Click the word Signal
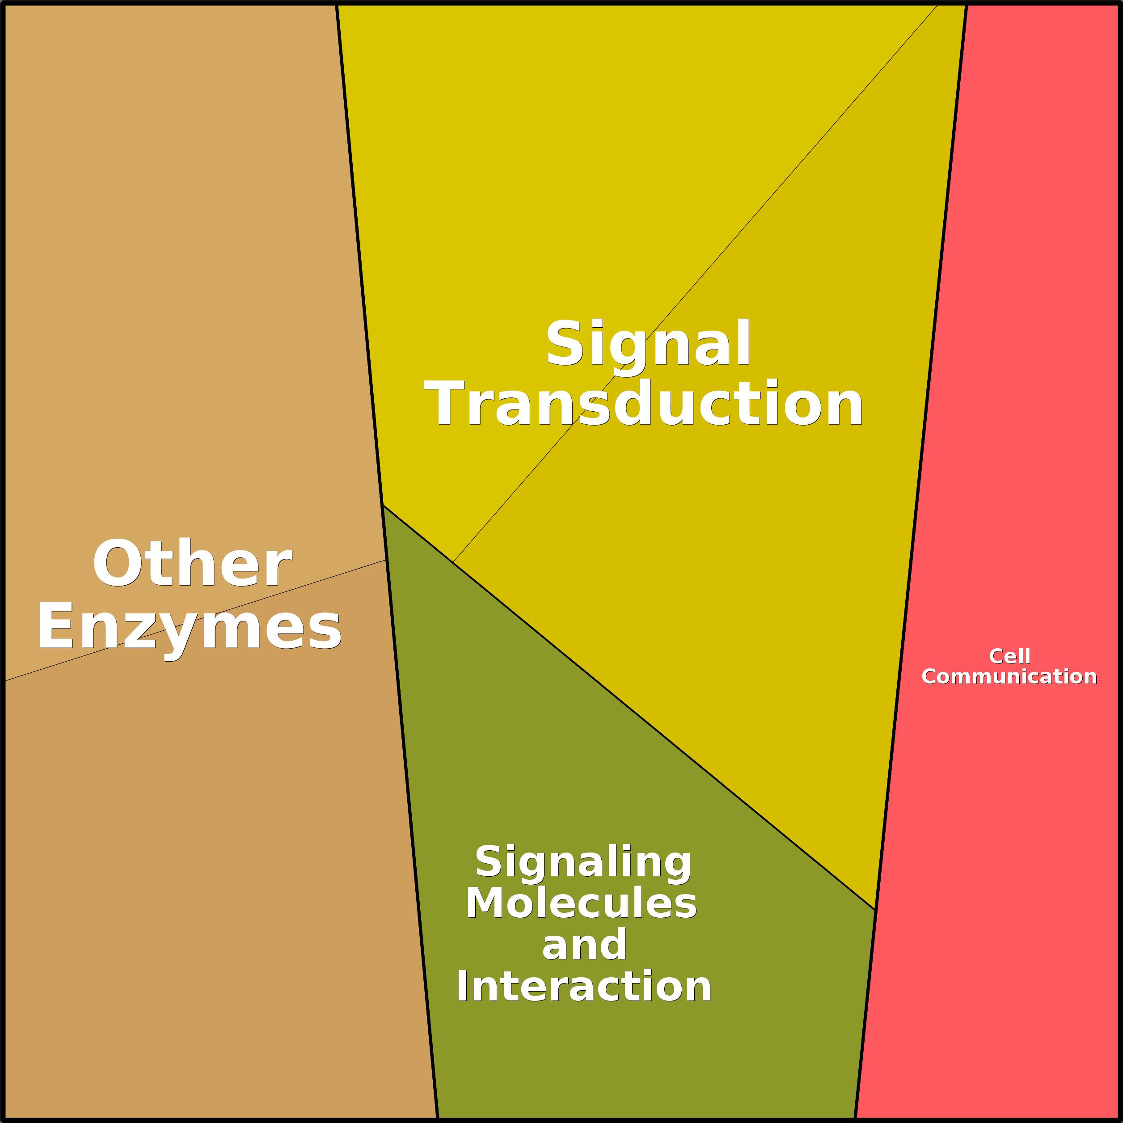[x=648, y=347]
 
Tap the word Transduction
[x=644, y=404]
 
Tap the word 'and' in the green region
[x=584, y=945]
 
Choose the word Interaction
[x=583, y=986]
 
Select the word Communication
[x=1009, y=676]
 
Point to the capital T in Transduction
[x=445, y=403]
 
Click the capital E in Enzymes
[x=56, y=625]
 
